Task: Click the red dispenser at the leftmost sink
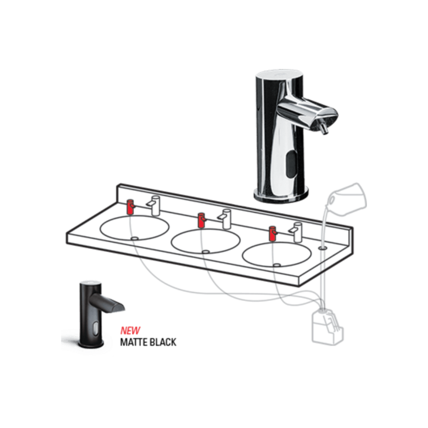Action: (131, 207)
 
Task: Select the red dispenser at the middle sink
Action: (202, 220)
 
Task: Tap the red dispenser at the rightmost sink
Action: (272, 234)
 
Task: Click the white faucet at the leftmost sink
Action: (154, 205)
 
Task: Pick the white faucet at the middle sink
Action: (225, 219)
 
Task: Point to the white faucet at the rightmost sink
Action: (296, 232)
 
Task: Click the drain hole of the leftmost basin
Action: (134, 238)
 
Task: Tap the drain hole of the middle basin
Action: (205, 252)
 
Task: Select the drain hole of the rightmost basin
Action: (277, 265)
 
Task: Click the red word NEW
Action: (130, 331)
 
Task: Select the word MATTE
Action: (134, 342)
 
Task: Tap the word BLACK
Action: (163, 342)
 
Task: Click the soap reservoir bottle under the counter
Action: (327, 326)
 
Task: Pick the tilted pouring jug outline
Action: (348, 196)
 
